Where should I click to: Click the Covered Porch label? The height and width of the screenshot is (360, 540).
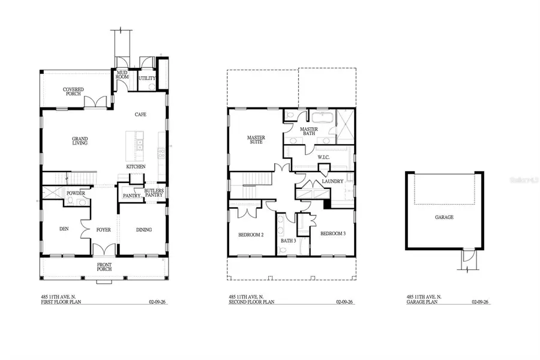pos(74,91)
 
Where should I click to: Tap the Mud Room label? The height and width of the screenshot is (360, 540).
pos(122,75)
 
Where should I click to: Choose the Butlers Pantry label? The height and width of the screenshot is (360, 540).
pos(154,193)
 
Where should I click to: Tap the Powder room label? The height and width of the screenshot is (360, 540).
pos(76,193)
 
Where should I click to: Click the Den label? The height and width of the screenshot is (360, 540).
pos(64,229)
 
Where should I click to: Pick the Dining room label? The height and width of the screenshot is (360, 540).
pos(143,229)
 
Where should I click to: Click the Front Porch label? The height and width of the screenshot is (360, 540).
pos(104,266)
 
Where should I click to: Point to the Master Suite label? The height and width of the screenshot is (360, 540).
pos(256,140)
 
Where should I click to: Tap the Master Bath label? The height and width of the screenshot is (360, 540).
pos(308,131)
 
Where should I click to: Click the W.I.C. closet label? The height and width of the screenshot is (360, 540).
pos(324,157)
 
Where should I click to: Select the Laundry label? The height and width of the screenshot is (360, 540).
pos(332,181)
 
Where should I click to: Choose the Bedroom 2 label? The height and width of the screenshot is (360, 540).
pos(251,235)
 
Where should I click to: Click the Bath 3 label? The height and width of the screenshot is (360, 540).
pos(289,241)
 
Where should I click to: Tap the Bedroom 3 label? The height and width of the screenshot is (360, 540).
pos(332,233)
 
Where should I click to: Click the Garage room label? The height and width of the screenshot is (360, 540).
pos(445,217)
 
